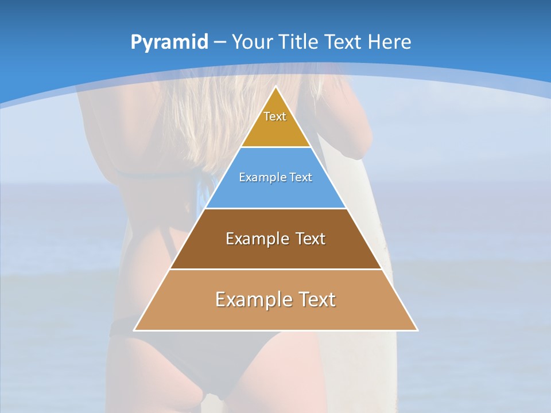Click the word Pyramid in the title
coord(169,42)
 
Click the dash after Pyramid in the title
coord(219,42)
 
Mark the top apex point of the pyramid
coord(275,87)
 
